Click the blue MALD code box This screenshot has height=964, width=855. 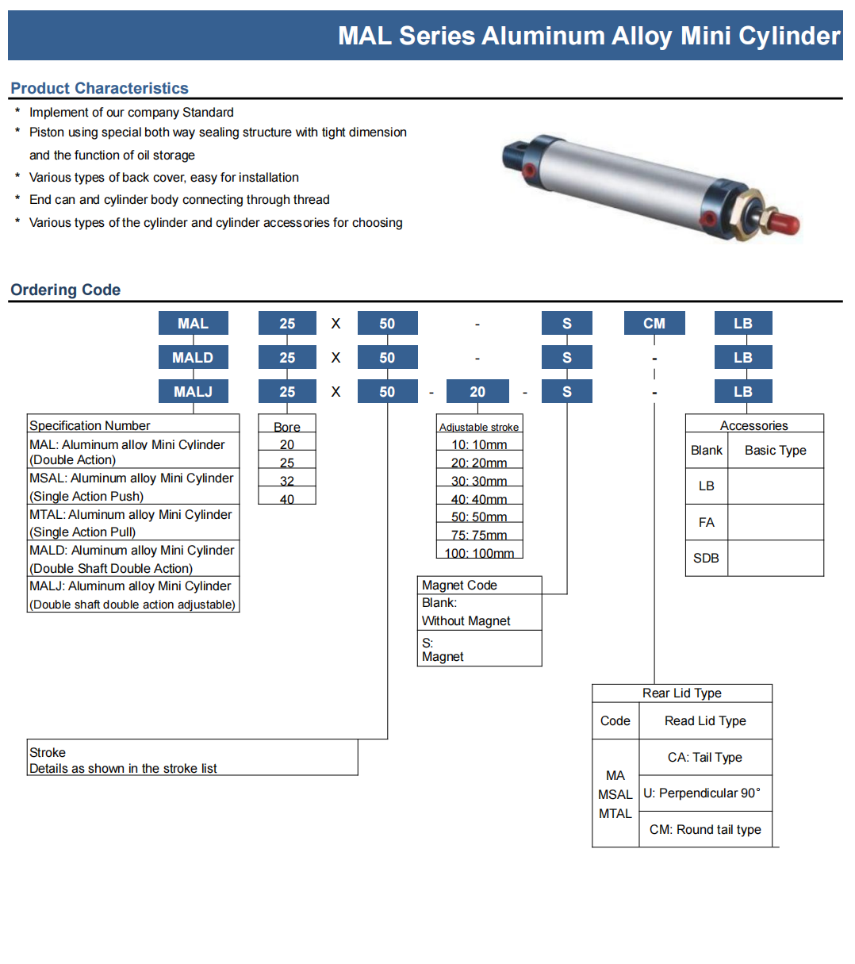tap(193, 357)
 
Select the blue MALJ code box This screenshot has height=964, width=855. tap(193, 391)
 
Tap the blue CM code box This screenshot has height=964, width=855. tap(654, 323)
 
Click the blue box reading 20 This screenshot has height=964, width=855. tap(477, 391)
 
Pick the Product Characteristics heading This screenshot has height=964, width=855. tap(99, 88)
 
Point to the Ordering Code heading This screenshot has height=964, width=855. tap(65, 290)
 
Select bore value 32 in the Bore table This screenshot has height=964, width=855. tap(287, 481)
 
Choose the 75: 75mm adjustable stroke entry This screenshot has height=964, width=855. tap(479, 535)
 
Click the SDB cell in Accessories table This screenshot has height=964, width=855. tap(706, 558)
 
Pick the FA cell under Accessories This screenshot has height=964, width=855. tap(706, 522)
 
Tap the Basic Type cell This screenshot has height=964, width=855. tap(775, 450)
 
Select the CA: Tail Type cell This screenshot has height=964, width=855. tap(704, 757)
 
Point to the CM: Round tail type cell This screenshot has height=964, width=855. tap(704, 829)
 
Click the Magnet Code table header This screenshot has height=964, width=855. tap(460, 585)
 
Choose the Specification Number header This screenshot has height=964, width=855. tap(90, 425)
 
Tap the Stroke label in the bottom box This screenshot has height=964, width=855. tap(48, 752)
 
